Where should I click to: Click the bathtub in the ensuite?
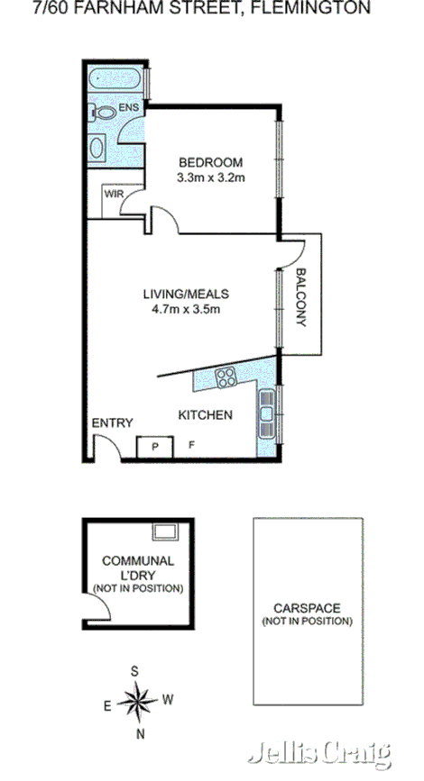click(x=115, y=79)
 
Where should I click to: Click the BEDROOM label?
click(x=210, y=162)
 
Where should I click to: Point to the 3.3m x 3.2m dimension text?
click(x=210, y=177)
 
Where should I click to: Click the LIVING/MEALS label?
click(x=187, y=294)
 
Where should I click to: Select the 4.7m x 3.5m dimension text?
click(x=187, y=309)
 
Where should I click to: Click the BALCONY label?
click(x=302, y=297)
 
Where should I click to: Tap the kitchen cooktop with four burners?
click(x=226, y=377)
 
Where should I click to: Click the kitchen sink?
click(x=267, y=410)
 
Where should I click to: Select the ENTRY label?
click(x=113, y=422)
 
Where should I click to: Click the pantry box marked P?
click(x=154, y=445)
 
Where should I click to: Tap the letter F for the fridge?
click(x=190, y=445)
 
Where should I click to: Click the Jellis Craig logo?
click(x=321, y=752)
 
